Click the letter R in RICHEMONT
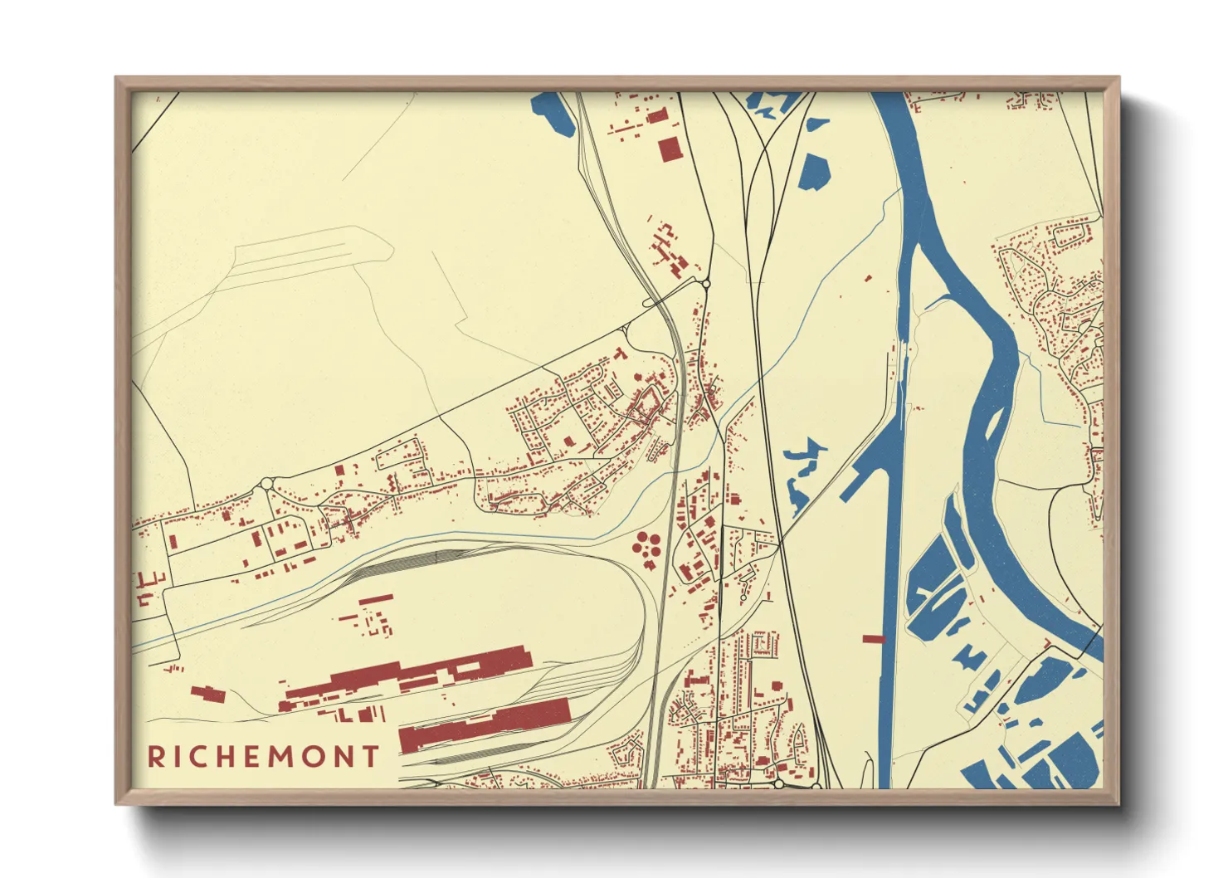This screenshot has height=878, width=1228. pos(155,757)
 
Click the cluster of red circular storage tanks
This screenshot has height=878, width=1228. pos(646,546)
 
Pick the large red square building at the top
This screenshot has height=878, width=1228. pos(669,149)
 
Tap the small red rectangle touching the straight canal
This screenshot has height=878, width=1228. pos(873,639)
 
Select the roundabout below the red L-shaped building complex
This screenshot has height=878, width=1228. pos(706,284)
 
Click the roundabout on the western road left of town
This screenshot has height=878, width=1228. pos(266,483)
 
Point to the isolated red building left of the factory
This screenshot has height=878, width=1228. pos(207,694)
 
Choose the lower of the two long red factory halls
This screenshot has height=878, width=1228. pos(485,724)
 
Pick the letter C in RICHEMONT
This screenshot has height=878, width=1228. pos(190,757)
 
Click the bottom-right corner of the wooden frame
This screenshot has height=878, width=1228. pos(1119,804)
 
